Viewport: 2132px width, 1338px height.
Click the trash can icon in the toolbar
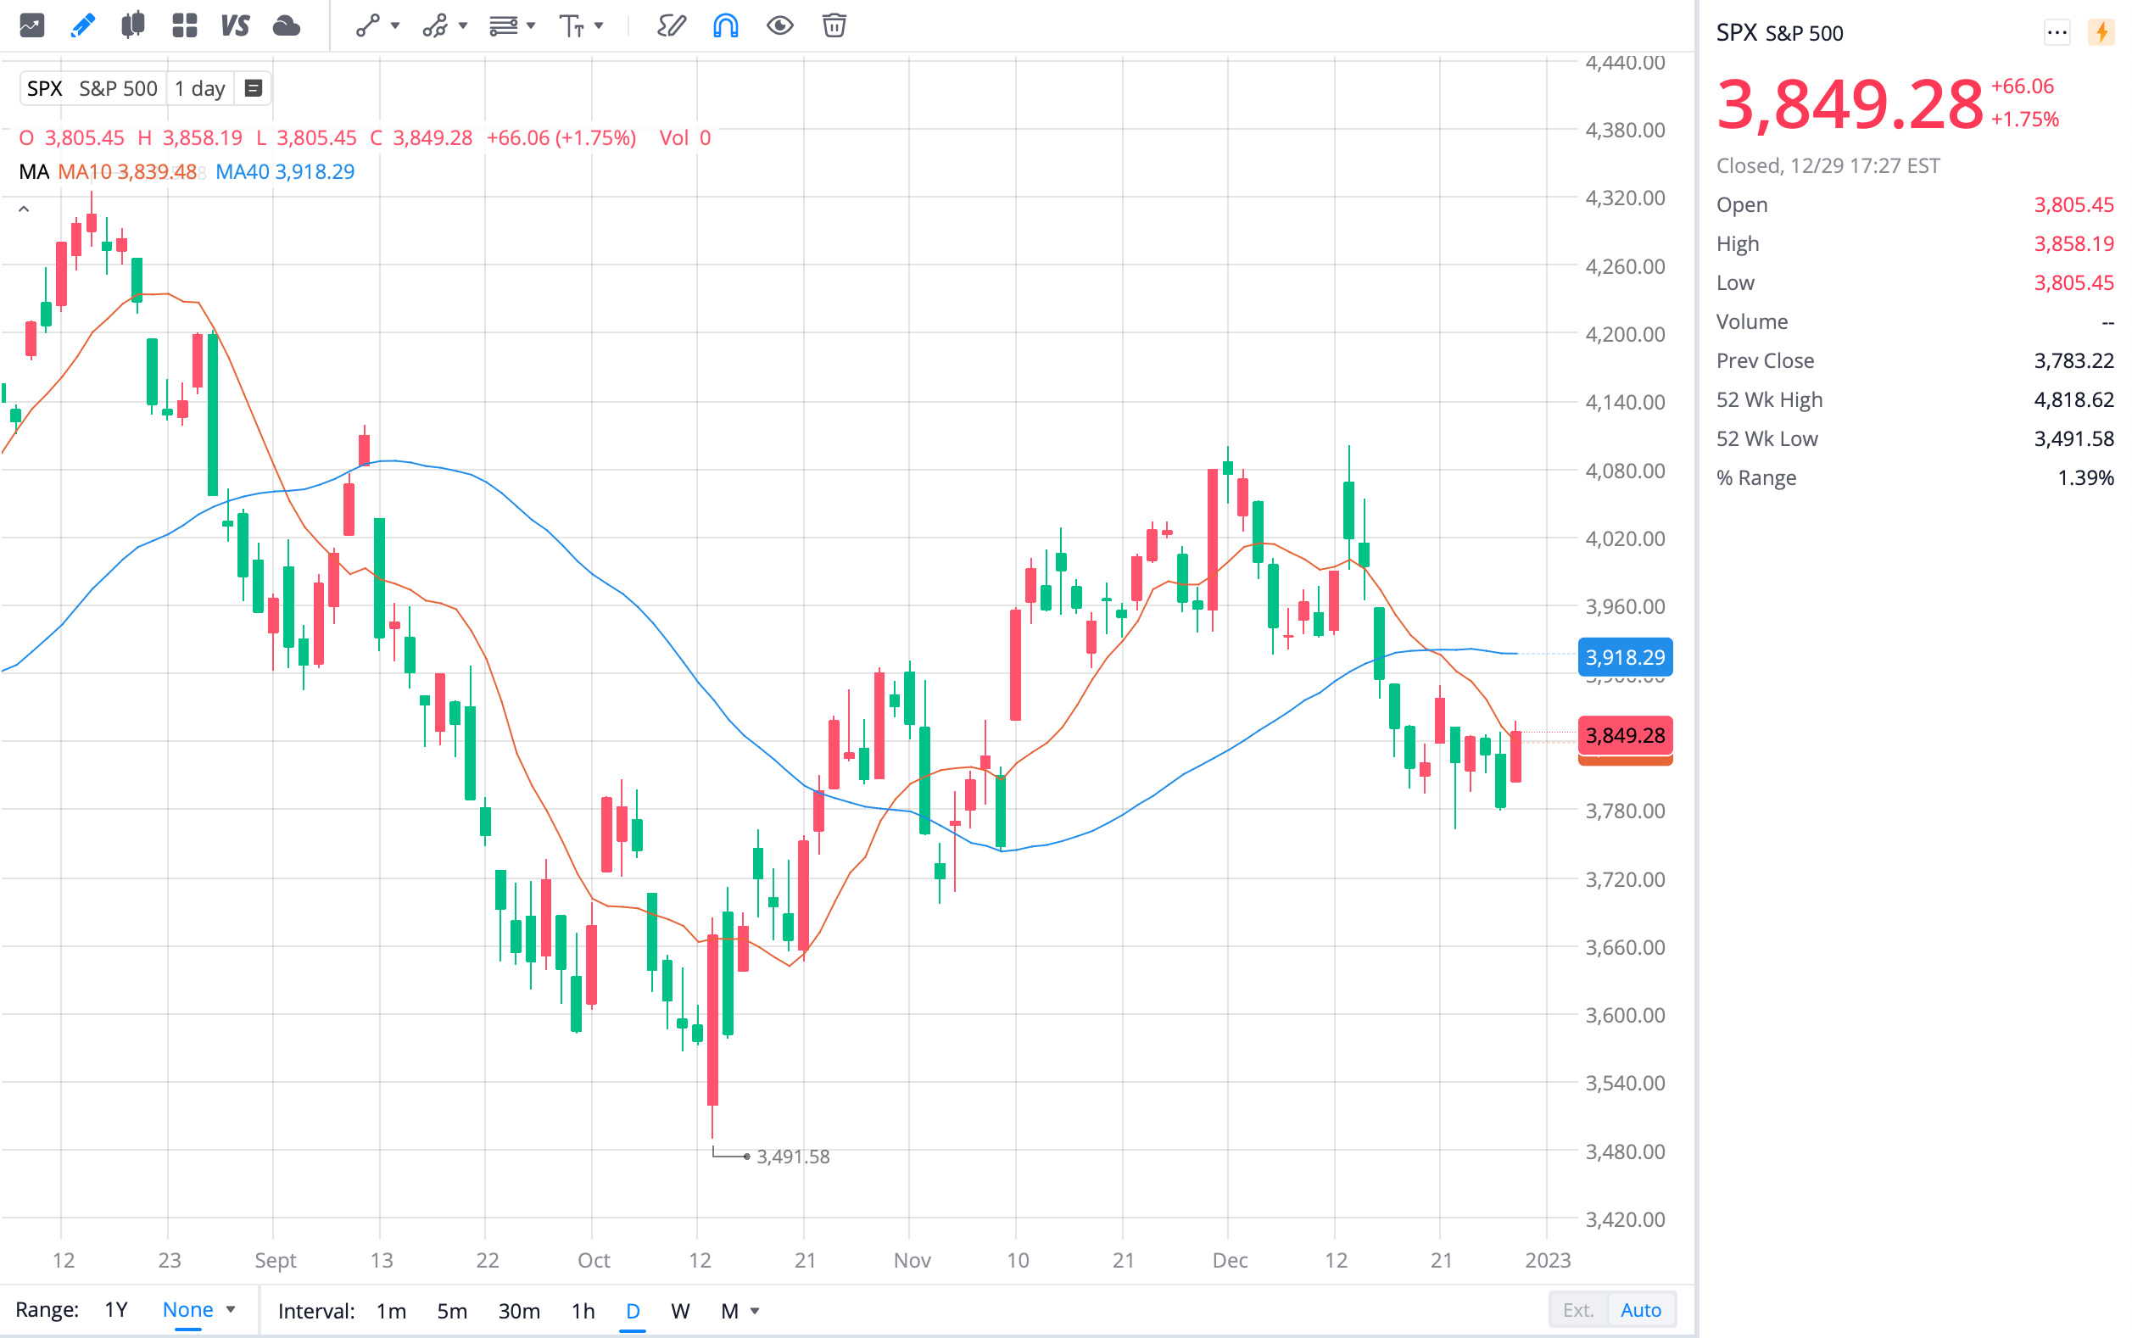point(834,25)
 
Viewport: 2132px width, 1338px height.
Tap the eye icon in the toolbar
point(779,25)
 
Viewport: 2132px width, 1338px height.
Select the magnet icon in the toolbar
point(726,25)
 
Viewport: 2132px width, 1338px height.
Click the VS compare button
point(236,25)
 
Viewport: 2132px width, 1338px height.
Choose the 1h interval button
point(583,1311)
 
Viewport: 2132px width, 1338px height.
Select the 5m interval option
point(451,1311)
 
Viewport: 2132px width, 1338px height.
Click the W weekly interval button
point(679,1311)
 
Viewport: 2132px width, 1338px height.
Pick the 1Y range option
point(116,1310)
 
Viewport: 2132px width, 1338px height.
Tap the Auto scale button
point(1640,1310)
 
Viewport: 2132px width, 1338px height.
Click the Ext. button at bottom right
point(1578,1310)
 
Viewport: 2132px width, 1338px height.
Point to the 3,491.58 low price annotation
point(792,1157)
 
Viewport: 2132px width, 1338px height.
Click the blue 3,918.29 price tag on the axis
point(1625,657)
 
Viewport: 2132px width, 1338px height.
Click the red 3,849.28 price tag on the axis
point(1625,735)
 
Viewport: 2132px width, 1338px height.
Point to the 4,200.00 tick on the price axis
point(1625,334)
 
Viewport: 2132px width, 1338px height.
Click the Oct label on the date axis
point(594,1260)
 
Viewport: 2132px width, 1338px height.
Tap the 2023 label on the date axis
point(1547,1260)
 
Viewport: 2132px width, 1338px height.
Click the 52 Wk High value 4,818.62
point(2073,400)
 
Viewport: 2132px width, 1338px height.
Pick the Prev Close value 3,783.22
point(2073,361)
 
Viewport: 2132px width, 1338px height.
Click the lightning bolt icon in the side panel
point(2101,33)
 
